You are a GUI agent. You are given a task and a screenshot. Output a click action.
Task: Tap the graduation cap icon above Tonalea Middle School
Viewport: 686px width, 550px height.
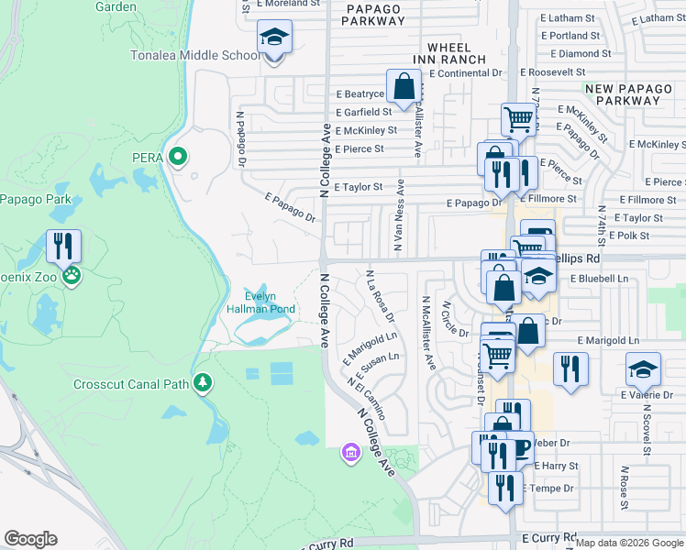click(274, 38)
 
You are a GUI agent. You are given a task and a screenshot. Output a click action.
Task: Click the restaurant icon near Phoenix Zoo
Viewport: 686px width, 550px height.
click(63, 246)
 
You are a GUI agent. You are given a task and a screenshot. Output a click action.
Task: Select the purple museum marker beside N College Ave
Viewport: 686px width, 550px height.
click(349, 452)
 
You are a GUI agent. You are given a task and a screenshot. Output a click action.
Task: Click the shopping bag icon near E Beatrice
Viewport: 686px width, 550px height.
click(404, 88)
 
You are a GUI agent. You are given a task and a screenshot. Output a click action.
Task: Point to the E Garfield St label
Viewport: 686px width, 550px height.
click(362, 112)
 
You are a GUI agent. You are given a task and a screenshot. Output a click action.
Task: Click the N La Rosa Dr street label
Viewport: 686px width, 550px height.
click(380, 296)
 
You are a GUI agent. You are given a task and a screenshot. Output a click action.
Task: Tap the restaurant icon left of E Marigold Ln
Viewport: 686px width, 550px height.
click(570, 369)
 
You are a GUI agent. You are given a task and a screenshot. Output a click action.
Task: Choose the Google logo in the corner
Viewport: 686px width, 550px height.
click(31, 539)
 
